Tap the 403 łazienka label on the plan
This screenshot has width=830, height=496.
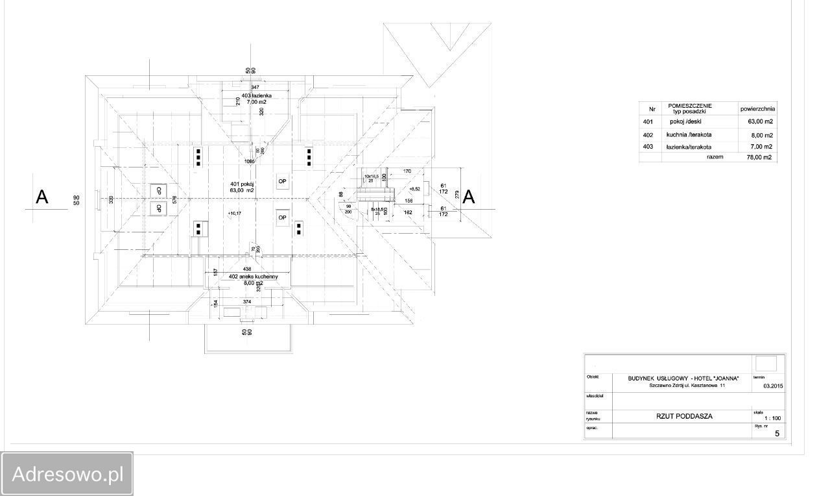pos(257,95)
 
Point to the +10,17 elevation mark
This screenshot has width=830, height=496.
pos(235,213)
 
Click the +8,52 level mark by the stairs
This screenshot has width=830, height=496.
pos(414,189)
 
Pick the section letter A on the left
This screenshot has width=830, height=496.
pos(42,197)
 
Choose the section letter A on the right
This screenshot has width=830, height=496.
pos(468,197)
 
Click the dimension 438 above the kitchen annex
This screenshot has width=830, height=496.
pos(247,269)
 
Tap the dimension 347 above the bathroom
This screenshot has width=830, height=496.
pos(255,87)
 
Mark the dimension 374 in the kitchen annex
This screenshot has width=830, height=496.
pos(247,302)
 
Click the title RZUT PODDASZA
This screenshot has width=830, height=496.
pos(683,416)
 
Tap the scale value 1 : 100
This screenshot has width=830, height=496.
pos(772,419)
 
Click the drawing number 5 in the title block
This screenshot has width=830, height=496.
pos(777,434)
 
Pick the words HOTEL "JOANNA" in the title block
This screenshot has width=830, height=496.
pos(711,377)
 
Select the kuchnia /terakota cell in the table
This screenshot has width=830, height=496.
pos(689,135)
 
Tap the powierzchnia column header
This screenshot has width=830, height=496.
pos(757,109)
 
